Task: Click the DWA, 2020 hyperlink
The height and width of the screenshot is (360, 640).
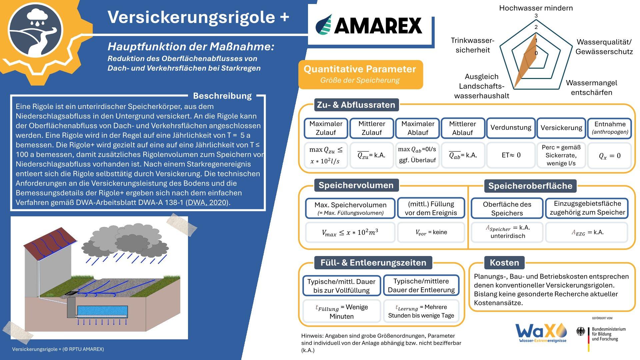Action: (x=207, y=202)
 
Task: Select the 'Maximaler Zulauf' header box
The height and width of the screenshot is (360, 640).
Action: (x=326, y=128)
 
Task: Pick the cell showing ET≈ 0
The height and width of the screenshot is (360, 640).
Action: (x=511, y=155)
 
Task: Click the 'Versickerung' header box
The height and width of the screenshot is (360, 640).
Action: (x=561, y=128)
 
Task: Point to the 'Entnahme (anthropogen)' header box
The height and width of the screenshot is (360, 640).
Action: (x=610, y=128)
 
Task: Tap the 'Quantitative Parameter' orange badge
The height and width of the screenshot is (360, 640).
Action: (x=360, y=74)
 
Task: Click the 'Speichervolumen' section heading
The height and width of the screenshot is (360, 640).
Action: (x=356, y=185)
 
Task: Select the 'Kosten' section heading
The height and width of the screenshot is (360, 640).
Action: (x=504, y=263)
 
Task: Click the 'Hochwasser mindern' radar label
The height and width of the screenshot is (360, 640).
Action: (x=536, y=8)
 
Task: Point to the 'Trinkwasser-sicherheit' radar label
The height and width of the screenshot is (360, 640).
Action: (x=472, y=45)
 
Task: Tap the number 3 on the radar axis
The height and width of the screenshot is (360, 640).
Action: (x=536, y=16)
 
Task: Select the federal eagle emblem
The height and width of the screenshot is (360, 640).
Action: (x=581, y=331)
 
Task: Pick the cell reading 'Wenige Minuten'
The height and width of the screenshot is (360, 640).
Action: (x=341, y=311)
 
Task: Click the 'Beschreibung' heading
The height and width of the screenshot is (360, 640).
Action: (x=222, y=96)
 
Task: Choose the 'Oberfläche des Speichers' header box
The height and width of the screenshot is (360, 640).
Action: (x=507, y=209)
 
